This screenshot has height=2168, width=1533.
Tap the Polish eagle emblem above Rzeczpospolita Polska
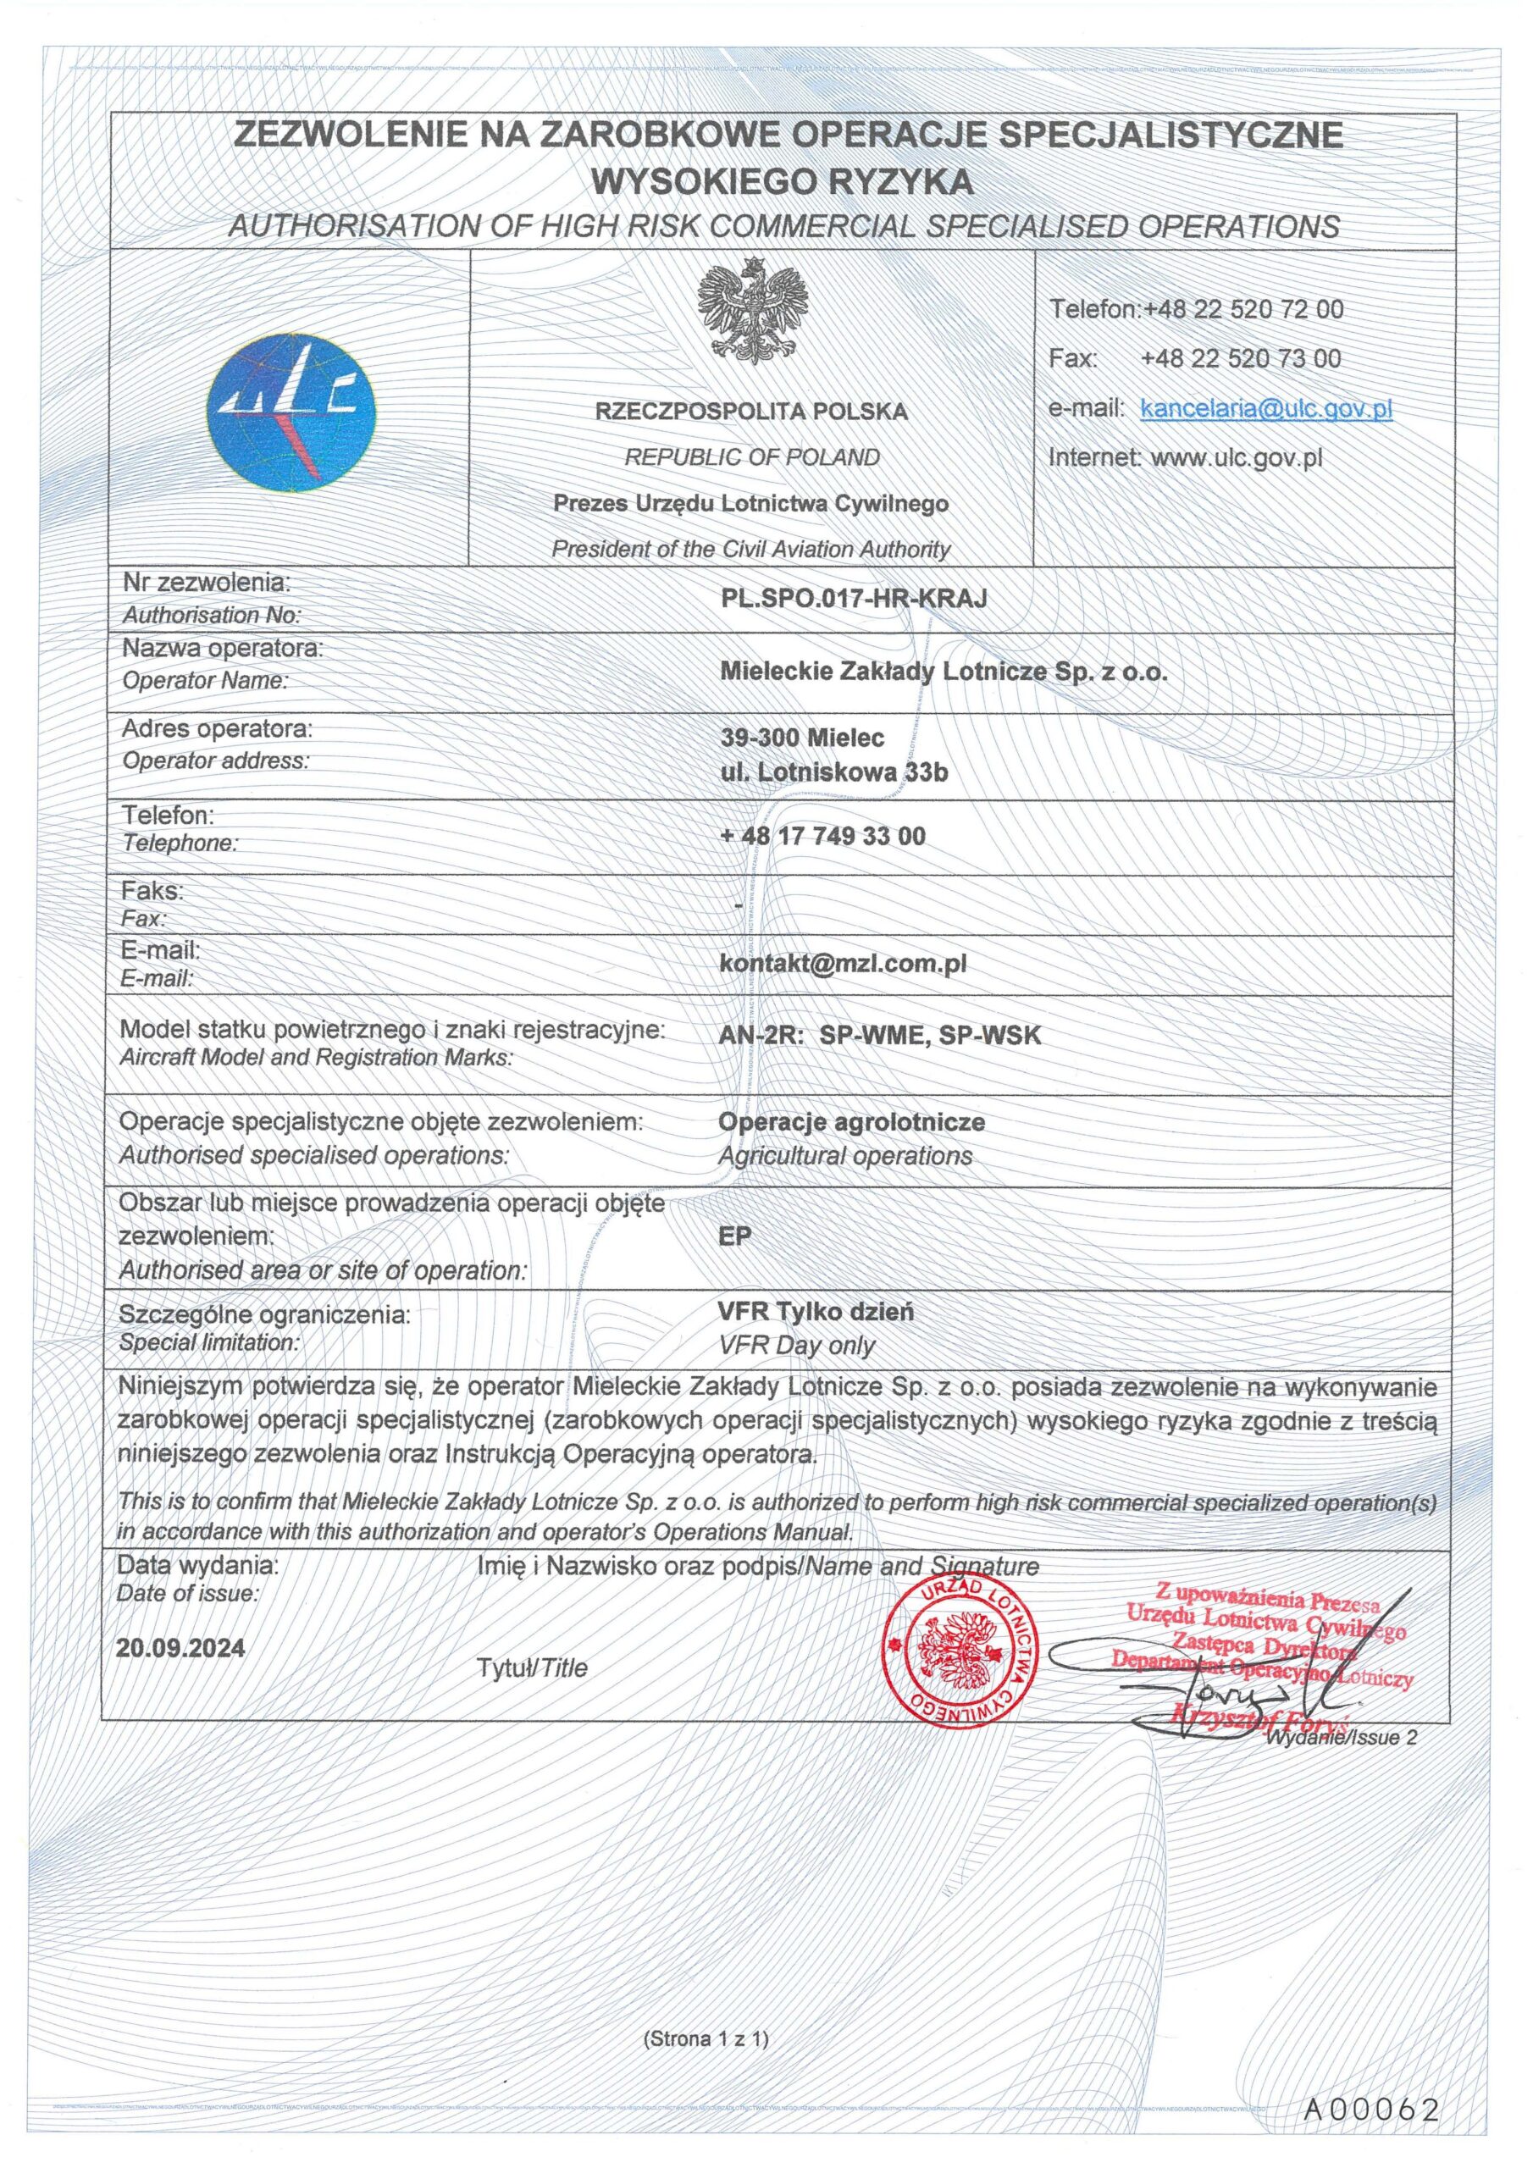(754, 311)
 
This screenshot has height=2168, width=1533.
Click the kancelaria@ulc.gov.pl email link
(1265, 409)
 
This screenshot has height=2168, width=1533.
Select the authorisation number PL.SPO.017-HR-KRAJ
(853, 597)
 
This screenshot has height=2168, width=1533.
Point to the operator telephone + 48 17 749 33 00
(822, 836)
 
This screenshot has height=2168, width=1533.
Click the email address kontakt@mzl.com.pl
(843, 963)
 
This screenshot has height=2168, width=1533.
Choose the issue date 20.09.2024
(180, 1649)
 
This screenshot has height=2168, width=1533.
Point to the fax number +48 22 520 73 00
(1240, 359)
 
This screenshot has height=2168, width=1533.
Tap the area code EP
(735, 1236)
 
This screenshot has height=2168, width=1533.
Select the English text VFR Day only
(796, 1346)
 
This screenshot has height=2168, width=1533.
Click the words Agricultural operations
(845, 1156)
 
